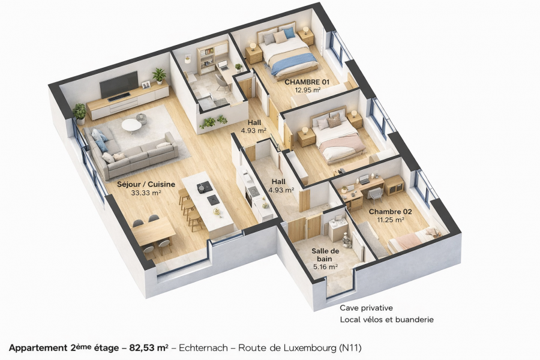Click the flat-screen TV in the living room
[119, 85]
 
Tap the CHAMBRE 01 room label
[307, 82]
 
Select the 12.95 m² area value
[308, 90]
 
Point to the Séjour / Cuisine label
[146, 184]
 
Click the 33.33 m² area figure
[146, 193]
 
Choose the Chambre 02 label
[390, 212]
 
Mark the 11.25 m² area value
[391, 220]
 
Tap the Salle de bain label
[325, 255]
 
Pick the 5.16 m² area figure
[325, 266]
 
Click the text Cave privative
[366, 308]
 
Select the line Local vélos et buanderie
[387, 320]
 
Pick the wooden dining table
[154, 233]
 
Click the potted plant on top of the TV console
[159, 76]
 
